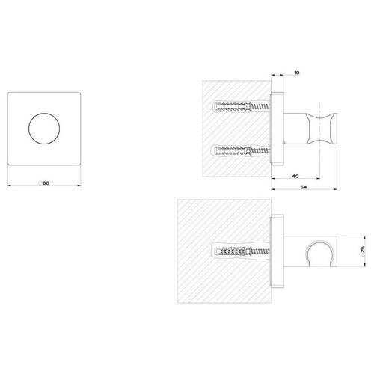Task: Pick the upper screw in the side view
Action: click(242, 105)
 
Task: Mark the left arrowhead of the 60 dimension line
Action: click(8, 186)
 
